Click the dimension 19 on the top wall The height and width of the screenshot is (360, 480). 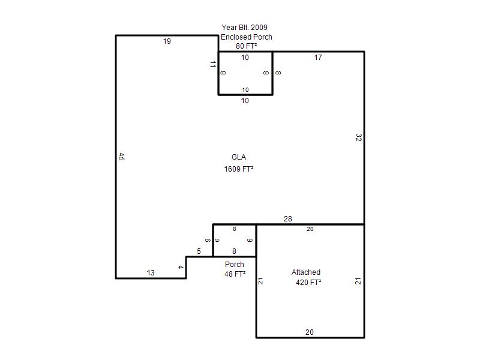point(167,41)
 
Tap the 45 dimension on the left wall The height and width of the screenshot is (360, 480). point(121,157)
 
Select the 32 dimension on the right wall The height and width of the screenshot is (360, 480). point(359,137)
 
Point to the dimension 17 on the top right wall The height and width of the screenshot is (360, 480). point(318,57)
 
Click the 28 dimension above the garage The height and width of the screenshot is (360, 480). point(288,219)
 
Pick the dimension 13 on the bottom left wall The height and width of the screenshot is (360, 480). point(151,273)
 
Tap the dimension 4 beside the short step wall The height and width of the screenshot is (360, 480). point(181,267)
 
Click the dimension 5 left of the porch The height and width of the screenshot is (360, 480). point(199,251)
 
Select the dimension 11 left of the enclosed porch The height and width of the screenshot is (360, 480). point(213,64)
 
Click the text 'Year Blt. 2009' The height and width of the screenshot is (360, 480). point(245,27)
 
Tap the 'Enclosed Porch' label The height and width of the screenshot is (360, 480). point(247,37)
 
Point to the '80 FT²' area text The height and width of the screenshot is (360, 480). point(246,46)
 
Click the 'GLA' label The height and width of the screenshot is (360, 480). point(239,157)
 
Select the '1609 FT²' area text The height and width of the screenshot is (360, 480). point(239,169)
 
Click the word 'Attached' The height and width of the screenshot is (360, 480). point(306,272)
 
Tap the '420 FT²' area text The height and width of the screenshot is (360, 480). point(308,282)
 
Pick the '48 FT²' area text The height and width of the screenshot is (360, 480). point(235,274)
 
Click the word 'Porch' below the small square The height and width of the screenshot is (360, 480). point(235,264)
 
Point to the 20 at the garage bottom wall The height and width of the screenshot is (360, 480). point(310,332)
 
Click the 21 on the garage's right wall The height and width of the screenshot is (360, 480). point(358,281)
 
